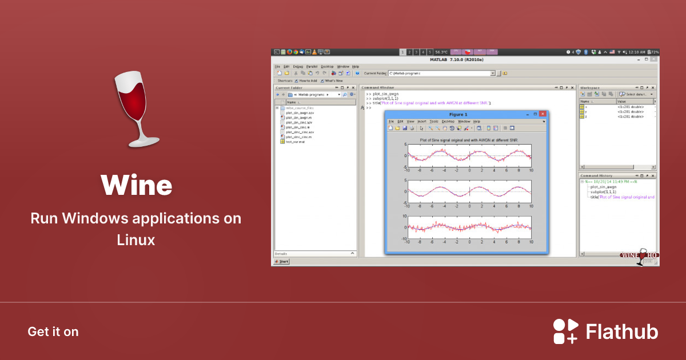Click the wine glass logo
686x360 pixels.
point(137,109)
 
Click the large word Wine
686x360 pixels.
point(136,185)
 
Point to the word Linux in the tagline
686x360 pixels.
point(136,240)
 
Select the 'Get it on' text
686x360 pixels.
point(53,331)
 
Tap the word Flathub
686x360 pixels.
point(622,331)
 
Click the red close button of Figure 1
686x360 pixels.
point(543,114)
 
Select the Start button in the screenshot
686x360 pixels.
point(282,261)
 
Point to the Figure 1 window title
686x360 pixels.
point(465,114)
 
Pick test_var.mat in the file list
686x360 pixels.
point(295,142)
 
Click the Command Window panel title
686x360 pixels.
point(378,87)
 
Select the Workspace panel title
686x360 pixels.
point(591,87)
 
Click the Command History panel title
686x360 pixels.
point(596,175)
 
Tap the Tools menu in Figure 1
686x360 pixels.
point(434,121)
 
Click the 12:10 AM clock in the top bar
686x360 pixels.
point(636,52)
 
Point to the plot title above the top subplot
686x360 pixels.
point(469,139)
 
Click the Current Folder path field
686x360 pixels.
point(440,73)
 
